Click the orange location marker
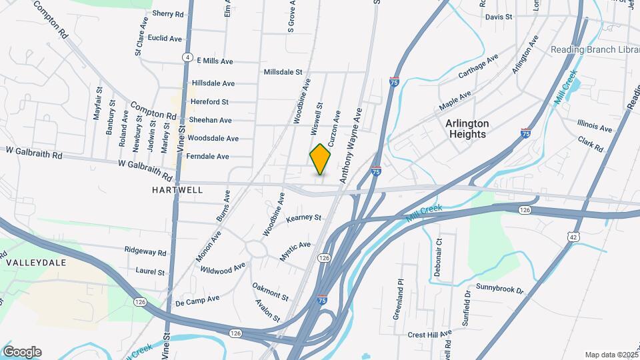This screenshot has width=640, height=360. pyautogui.click(x=321, y=159)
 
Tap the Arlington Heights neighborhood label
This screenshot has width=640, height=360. pyautogui.click(x=467, y=129)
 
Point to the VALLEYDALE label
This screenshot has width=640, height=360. pyautogui.click(x=36, y=263)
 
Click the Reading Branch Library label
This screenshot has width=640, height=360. pyautogui.click(x=593, y=50)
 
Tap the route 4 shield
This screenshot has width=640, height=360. pyautogui.click(x=189, y=58)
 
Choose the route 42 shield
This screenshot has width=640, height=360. pyautogui.click(x=573, y=237)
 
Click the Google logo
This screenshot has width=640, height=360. pyautogui.click(x=22, y=352)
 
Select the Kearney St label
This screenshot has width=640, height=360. pyautogui.click(x=304, y=218)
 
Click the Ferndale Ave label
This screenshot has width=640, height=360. pyautogui.click(x=208, y=157)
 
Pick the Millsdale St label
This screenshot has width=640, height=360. pyautogui.click(x=283, y=72)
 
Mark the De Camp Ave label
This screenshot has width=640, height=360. pyautogui.click(x=197, y=301)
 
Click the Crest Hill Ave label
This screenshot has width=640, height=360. pyautogui.click(x=429, y=334)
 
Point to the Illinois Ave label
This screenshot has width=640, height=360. pyautogui.click(x=595, y=127)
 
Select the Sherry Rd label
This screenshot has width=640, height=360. pyautogui.click(x=167, y=14)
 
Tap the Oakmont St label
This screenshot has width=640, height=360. pyautogui.click(x=270, y=291)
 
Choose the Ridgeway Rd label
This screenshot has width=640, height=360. pyautogui.click(x=145, y=252)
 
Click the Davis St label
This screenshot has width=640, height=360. pyautogui.click(x=499, y=17)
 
